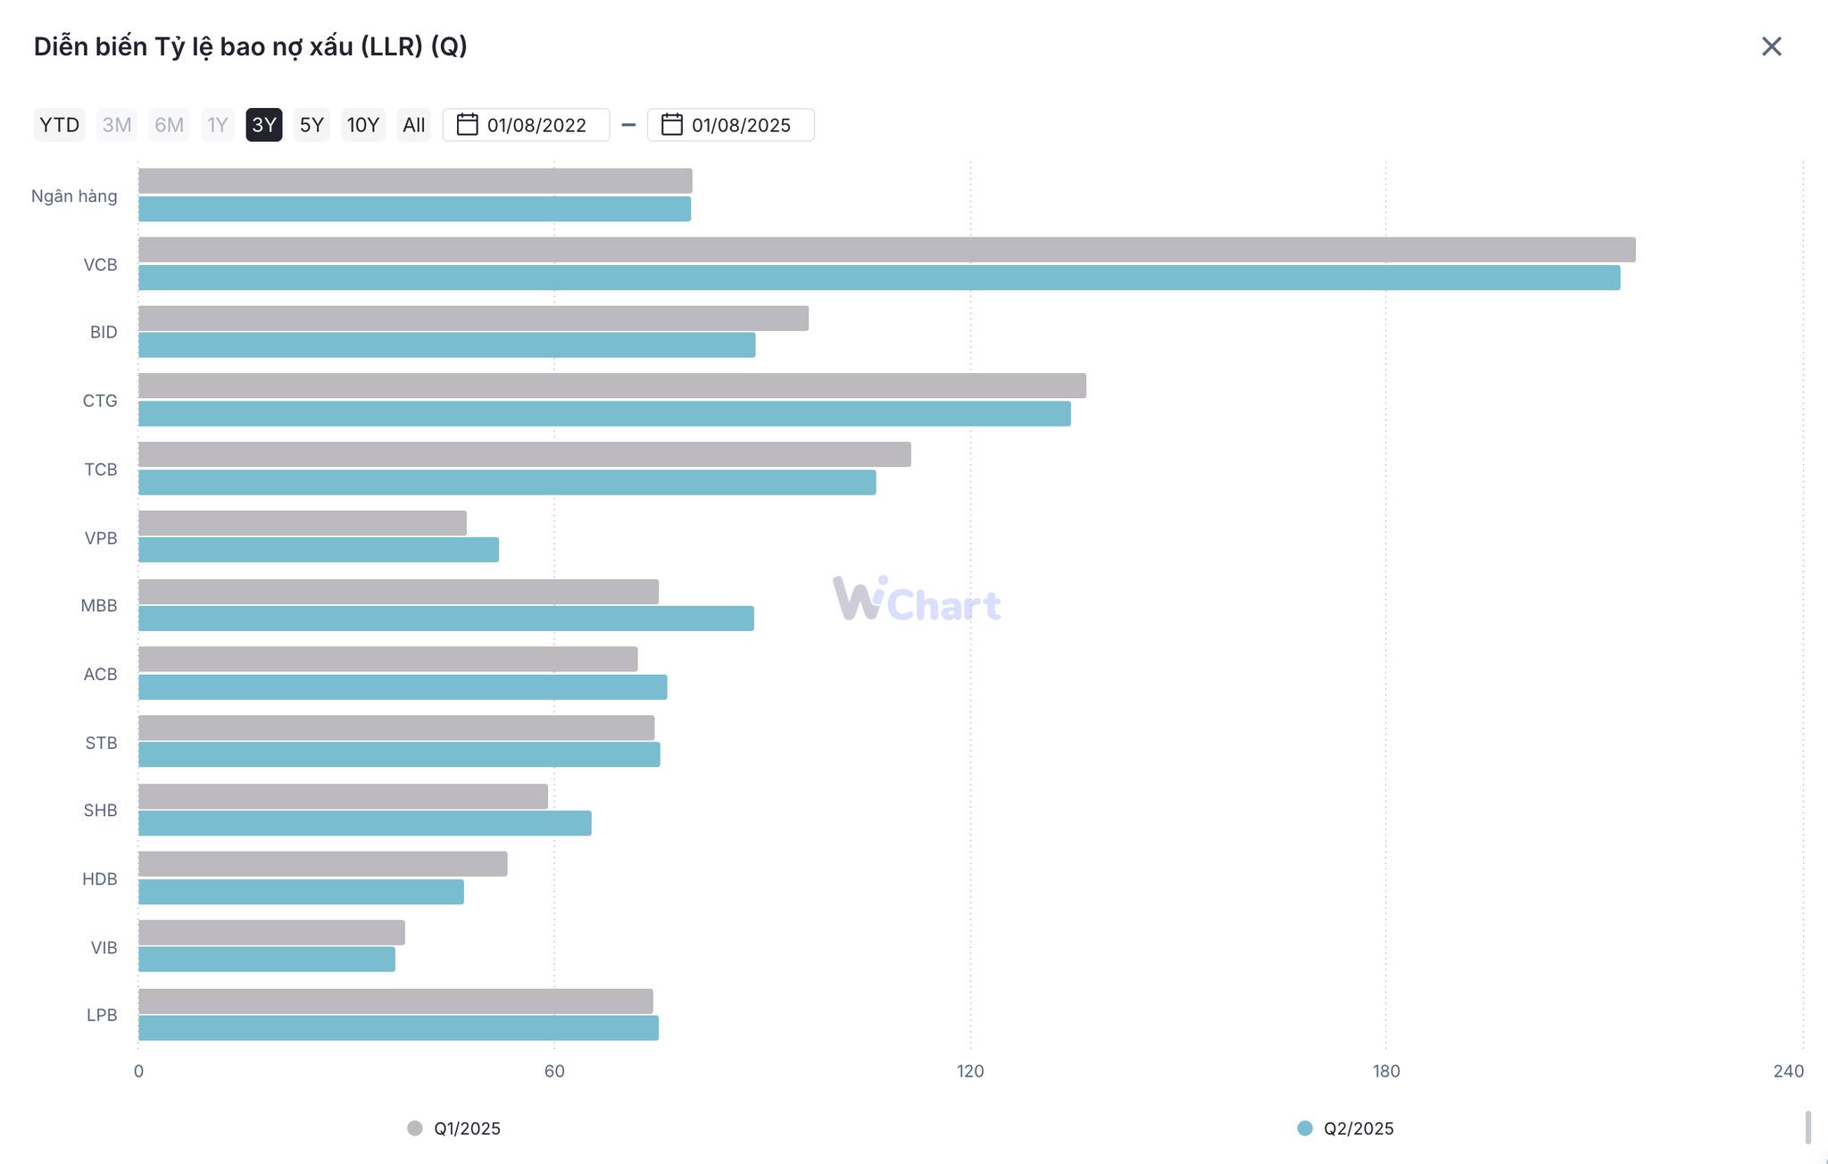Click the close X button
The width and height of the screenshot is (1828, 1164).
(x=1771, y=46)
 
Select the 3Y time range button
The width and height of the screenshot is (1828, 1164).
(x=264, y=125)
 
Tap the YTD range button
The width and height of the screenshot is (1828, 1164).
(x=60, y=125)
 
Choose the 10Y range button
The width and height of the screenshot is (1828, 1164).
(x=362, y=125)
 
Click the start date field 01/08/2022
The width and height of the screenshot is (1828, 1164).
(x=527, y=125)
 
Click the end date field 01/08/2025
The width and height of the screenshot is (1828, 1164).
(x=731, y=125)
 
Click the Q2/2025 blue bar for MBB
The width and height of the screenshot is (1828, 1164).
(x=446, y=619)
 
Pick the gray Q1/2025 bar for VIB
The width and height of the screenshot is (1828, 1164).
(x=271, y=933)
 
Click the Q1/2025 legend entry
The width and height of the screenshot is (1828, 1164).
(x=454, y=1128)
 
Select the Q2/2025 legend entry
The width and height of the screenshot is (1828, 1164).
(x=1346, y=1128)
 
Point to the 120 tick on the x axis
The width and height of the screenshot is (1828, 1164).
(x=970, y=1071)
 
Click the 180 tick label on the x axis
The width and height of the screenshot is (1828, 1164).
(x=1386, y=1071)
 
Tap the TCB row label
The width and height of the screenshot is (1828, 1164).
(x=101, y=470)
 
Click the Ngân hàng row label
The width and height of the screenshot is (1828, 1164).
(x=74, y=196)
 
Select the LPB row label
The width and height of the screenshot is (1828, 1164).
(x=102, y=1015)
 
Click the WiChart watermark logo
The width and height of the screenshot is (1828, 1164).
(x=917, y=600)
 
